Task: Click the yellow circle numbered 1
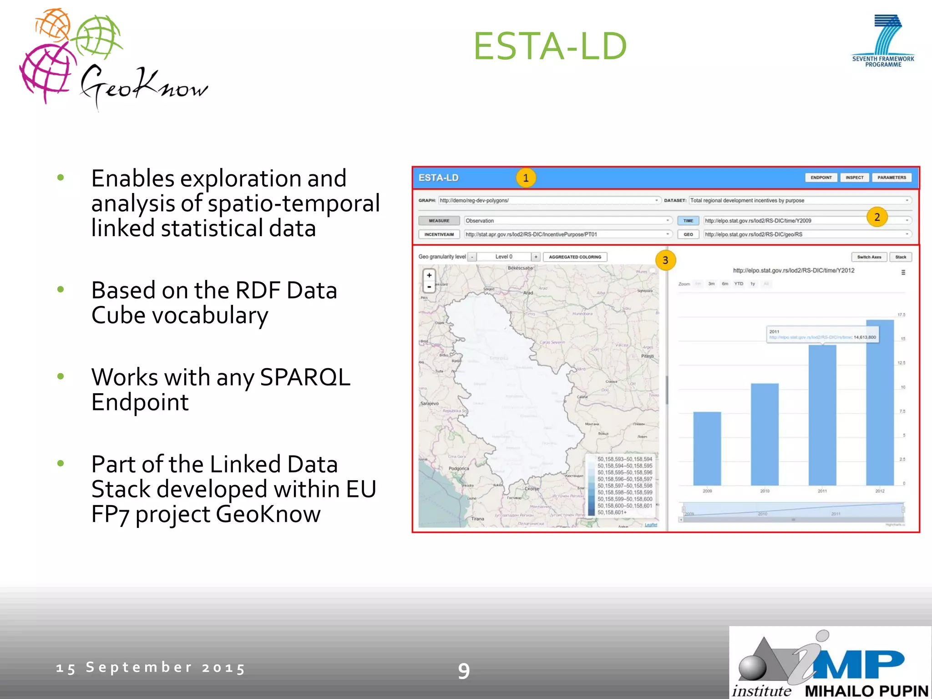click(x=526, y=178)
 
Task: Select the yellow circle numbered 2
click(x=877, y=217)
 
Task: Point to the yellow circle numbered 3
click(x=665, y=260)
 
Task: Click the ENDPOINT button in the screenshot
click(x=821, y=177)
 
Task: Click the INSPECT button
click(x=854, y=177)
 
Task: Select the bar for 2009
click(x=707, y=448)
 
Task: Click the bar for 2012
click(x=880, y=403)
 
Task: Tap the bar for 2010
click(x=765, y=434)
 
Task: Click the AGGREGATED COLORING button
click(x=575, y=257)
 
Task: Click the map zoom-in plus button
click(x=429, y=275)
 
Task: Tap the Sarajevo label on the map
click(x=430, y=404)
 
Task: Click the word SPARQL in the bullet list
click(x=305, y=377)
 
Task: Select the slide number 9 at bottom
click(x=464, y=671)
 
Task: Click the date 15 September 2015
click(x=151, y=668)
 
